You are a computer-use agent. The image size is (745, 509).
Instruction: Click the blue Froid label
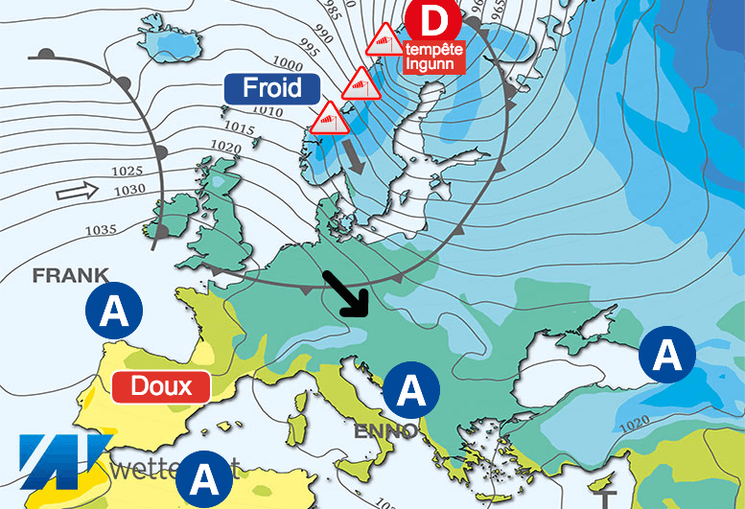coord(270,89)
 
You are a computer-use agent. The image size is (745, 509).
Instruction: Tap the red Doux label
coord(161,387)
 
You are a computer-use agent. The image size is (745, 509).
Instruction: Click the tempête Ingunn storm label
coord(434,57)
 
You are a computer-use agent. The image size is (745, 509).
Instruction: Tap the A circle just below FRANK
coord(114,312)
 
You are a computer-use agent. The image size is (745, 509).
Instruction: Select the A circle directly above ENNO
coord(411,390)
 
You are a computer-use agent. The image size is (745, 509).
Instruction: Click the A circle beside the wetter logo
coord(204,476)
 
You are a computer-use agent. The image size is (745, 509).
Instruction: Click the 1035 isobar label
coord(100,229)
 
